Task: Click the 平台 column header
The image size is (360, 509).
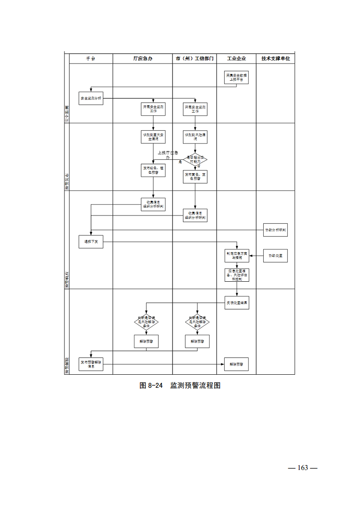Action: (x=91, y=59)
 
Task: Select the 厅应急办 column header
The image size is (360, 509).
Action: (x=143, y=59)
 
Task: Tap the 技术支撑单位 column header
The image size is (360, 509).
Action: (x=276, y=59)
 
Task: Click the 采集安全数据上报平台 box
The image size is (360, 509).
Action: (x=237, y=77)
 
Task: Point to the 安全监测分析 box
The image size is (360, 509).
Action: (x=91, y=98)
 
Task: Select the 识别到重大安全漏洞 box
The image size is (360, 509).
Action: (x=153, y=137)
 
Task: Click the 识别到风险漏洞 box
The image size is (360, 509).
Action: (x=195, y=137)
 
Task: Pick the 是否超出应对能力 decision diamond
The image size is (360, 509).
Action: (x=195, y=159)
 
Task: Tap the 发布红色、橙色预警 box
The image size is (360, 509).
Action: (x=153, y=170)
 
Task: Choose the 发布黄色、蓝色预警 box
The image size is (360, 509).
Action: (x=195, y=176)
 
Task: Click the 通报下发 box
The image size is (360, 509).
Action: (x=91, y=242)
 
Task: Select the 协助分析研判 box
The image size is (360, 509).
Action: (x=276, y=230)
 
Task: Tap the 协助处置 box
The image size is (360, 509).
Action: (x=276, y=256)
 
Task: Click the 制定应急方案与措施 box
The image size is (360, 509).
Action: (x=237, y=256)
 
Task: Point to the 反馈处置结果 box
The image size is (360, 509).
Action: (x=237, y=303)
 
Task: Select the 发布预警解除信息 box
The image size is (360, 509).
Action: (x=91, y=364)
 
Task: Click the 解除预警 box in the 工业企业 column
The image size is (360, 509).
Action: (x=237, y=364)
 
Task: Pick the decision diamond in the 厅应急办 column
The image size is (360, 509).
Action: (x=146, y=323)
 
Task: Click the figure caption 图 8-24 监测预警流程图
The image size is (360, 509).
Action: (x=180, y=386)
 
